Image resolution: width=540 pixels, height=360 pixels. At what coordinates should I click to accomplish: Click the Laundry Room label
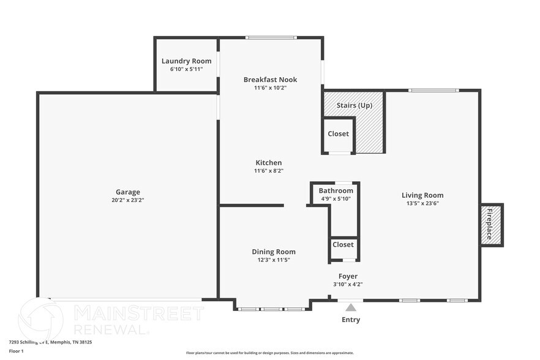186,61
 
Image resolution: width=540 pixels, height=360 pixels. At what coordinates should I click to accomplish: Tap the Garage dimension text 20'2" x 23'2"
129,200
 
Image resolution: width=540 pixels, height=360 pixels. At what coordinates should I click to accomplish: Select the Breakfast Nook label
270,80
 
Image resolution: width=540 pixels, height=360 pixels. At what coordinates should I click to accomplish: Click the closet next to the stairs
338,133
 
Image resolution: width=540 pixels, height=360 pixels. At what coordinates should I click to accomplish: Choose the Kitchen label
269,162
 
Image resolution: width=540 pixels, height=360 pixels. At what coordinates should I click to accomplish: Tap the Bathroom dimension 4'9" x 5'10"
336,198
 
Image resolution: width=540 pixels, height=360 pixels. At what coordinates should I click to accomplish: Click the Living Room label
422,195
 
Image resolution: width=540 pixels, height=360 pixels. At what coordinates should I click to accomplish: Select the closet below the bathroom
343,244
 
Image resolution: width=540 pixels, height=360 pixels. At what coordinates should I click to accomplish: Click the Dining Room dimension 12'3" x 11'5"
273,260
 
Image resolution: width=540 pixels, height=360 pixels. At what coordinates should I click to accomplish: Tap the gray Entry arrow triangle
350,307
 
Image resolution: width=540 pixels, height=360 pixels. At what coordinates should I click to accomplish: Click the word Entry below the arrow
350,320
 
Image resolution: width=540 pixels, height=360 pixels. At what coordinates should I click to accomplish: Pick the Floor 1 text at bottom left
16,351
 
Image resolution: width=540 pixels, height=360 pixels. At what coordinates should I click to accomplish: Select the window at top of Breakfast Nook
271,38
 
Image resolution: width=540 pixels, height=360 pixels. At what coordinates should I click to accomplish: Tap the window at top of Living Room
433,91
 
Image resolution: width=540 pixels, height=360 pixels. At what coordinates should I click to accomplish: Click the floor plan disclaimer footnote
269,353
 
